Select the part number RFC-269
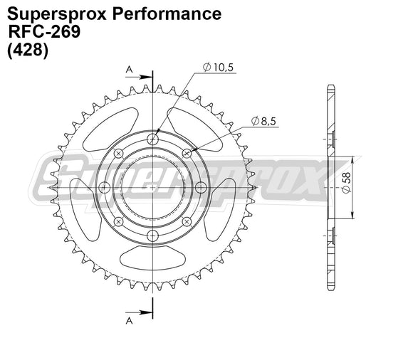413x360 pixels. [x=44, y=32]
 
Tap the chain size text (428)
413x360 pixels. [x=28, y=51]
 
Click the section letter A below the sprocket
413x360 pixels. [x=129, y=320]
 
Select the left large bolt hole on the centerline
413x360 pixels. [x=104, y=187]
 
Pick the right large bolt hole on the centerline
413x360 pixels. [x=202, y=187]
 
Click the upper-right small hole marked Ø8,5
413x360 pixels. [x=187, y=153]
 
